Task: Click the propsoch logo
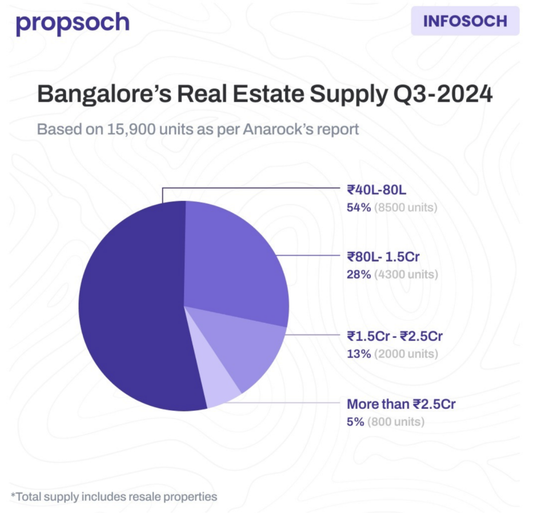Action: click(x=72, y=23)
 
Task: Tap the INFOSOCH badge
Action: click(x=465, y=21)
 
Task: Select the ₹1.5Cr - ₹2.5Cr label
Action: click(x=395, y=336)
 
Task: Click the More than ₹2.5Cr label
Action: click(x=402, y=404)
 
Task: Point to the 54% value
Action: click(x=359, y=207)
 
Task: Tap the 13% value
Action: click(x=359, y=353)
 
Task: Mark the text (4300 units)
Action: click(x=406, y=274)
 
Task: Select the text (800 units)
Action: click(x=396, y=421)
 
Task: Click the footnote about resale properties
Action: click(x=114, y=496)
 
